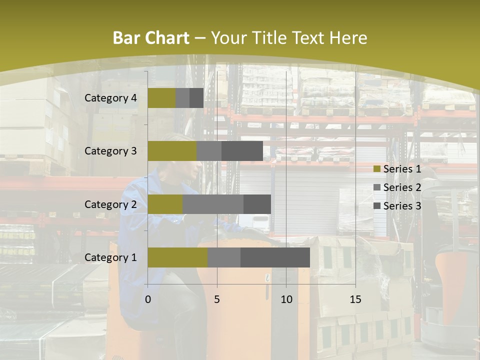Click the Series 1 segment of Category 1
tap(177, 257)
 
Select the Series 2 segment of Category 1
tap(224, 257)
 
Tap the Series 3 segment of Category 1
tap(275, 257)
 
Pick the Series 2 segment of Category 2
tap(213, 204)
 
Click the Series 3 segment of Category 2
tap(257, 204)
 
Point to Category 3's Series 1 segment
tap(172, 151)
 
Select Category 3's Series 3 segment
tap(242, 151)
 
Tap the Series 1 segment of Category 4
tap(161, 98)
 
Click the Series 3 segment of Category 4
tap(196, 98)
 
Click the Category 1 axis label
tap(110, 257)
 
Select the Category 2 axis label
tap(110, 204)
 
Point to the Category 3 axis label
tap(110, 151)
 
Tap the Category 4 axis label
tap(110, 98)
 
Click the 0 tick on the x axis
tap(148, 299)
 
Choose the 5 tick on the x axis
tap(217, 299)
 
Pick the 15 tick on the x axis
tap(355, 299)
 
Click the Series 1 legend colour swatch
tap(376, 169)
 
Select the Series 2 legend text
tap(402, 187)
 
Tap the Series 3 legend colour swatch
tap(376, 206)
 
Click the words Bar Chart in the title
tap(151, 38)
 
